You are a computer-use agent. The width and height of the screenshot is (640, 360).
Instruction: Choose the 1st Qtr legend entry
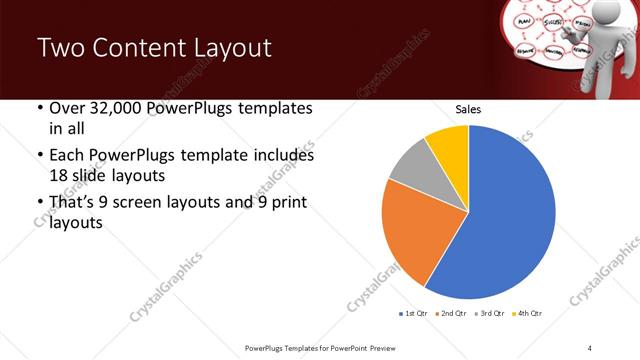[415, 315]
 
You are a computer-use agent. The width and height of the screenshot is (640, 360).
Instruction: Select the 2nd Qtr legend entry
[454, 315]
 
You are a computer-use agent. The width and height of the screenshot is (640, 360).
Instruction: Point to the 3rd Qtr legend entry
[491, 315]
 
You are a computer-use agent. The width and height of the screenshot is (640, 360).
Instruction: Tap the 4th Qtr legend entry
[528, 315]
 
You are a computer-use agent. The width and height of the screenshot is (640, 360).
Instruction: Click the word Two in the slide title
[62, 48]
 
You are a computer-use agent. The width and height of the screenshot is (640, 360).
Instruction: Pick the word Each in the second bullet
[68, 156]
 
